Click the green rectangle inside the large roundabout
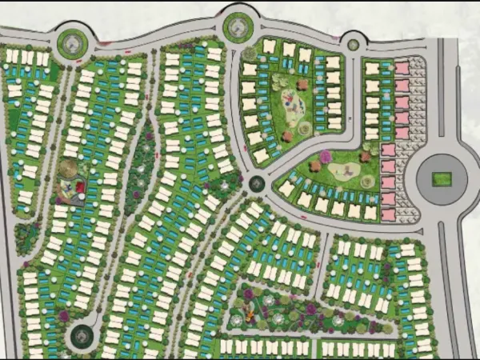tap(442, 179)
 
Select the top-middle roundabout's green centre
tap(238, 27)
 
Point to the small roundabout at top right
tap(353, 42)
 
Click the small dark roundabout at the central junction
tap(257, 183)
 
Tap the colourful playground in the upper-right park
tap(292, 102)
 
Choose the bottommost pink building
tap(389, 214)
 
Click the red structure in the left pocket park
tap(79, 188)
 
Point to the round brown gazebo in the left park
tap(69, 169)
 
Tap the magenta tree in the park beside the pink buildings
tap(326, 155)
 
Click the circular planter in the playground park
tap(304, 128)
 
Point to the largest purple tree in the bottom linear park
tap(310, 308)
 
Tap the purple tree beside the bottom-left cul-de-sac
tap(64, 315)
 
